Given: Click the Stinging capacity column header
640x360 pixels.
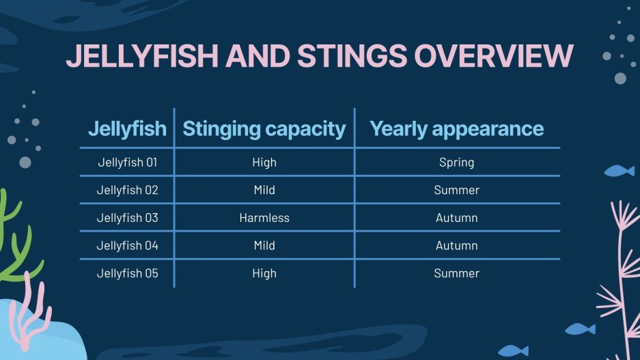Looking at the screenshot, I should pos(264,128).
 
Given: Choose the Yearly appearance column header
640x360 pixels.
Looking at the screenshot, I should pos(456,128).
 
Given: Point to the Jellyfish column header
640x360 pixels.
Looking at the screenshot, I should pos(127,128).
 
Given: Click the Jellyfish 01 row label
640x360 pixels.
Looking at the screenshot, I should pos(127,163).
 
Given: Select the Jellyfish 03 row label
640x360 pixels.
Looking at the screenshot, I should pos(127,218).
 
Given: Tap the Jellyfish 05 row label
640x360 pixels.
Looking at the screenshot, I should pos(127,273).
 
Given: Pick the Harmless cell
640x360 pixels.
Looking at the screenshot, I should pos(264,218).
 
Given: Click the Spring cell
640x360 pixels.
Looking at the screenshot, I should pos(456,163).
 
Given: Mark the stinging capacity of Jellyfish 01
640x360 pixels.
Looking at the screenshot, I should pos(264,163).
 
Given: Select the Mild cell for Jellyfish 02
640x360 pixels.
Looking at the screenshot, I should pos(264,190).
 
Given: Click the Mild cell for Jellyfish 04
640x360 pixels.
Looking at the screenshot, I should pos(264,245).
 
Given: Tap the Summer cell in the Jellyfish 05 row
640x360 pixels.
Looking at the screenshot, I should pos(456,273).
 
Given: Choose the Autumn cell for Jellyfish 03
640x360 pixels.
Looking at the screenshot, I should pos(456,218).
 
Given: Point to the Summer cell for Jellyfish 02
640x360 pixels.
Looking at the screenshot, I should pos(456,190).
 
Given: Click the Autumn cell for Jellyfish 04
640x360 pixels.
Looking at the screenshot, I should pos(456,245).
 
